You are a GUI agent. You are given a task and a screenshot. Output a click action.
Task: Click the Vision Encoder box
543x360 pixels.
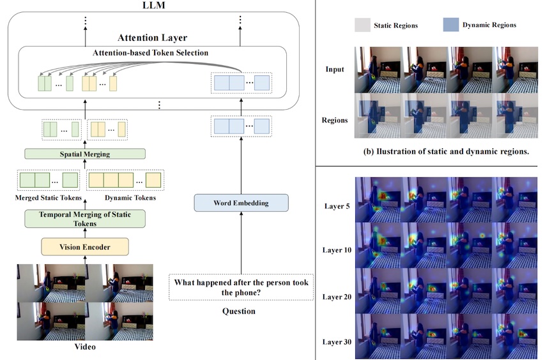click(x=85, y=246)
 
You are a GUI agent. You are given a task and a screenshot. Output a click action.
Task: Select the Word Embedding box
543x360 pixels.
click(x=241, y=204)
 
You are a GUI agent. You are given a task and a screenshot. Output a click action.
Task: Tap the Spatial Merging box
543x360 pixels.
click(x=85, y=154)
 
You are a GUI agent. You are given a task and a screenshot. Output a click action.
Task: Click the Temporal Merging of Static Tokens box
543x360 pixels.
click(x=85, y=219)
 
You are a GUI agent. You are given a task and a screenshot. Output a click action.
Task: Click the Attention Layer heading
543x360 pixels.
click(x=152, y=38)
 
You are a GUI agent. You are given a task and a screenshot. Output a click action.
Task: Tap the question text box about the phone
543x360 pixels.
click(x=241, y=287)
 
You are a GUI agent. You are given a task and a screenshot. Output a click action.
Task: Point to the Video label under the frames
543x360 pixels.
click(x=85, y=347)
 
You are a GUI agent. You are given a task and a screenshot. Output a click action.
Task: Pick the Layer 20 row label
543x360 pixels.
click(x=337, y=296)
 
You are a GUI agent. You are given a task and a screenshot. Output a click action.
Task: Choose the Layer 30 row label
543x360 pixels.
click(x=337, y=342)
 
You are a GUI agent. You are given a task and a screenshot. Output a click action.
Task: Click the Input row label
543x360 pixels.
click(x=335, y=69)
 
